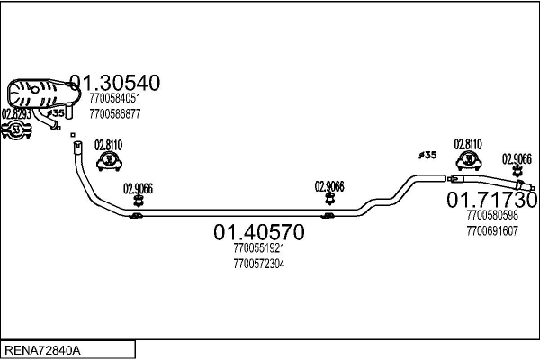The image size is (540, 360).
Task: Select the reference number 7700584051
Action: pyautogui.click(x=114, y=99)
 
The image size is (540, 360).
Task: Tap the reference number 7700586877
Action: pyautogui.click(x=114, y=113)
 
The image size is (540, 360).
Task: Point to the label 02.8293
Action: pyautogui.click(x=17, y=114)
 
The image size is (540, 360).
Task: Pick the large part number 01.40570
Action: pyautogui.click(x=258, y=233)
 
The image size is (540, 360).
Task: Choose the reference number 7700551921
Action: pyautogui.click(x=258, y=249)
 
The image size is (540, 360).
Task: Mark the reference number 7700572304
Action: pyautogui.click(x=258, y=264)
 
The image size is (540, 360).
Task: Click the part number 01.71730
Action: pyautogui.click(x=492, y=199)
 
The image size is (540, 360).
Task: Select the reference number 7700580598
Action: pyautogui.click(x=492, y=216)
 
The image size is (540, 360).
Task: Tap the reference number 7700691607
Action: pyautogui.click(x=492, y=230)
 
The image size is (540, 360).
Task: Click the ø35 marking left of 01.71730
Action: pyautogui.click(x=427, y=155)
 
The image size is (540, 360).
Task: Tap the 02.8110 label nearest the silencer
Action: pyautogui.click(x=109, y=145)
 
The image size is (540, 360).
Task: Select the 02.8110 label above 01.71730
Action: pyautogui.click(x=468, y=144)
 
